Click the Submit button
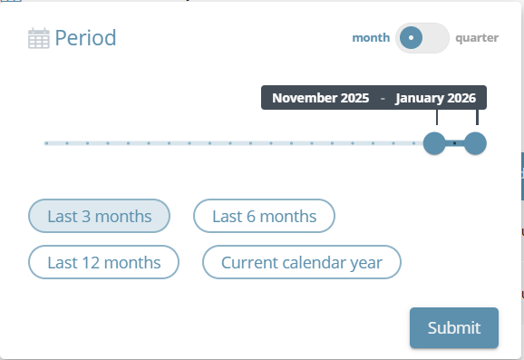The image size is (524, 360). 454,327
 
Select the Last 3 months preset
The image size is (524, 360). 99,216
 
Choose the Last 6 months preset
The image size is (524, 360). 264,216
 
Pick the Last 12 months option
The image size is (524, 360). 103,262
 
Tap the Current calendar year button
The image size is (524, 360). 301,262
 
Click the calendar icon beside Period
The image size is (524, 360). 39,38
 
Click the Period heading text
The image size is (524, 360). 85,38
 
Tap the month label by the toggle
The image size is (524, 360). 371,38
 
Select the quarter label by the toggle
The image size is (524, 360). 477,38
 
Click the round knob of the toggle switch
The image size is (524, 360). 411,38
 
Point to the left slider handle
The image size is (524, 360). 434,143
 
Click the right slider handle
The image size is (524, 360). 475,143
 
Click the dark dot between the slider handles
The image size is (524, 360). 454,143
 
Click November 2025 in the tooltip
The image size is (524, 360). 321,98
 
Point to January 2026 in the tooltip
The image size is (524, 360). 435,98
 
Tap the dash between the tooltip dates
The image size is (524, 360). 383,98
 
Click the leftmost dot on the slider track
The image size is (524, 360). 47,143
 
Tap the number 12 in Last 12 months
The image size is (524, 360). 91,262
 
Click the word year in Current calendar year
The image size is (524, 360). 366,263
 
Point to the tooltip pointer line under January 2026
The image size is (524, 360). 477,117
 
